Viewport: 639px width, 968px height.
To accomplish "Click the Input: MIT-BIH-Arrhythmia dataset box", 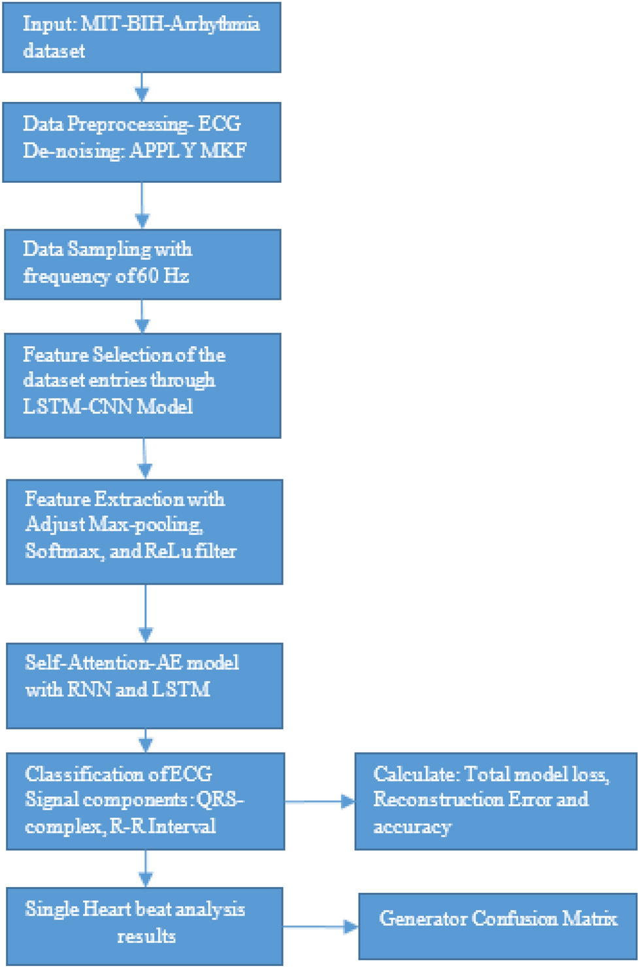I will tap(142, 37).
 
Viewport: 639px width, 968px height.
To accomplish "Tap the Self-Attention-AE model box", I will tap(144, 685).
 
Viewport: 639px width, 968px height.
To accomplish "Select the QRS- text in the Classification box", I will tap(224, 800).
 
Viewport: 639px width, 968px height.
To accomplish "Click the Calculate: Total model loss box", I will tap(495, 801).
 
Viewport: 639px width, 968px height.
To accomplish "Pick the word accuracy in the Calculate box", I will tap(412, 827).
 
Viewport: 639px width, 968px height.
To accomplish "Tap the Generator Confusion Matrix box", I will tap(498, 919).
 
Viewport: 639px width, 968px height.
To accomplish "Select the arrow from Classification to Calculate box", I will tap(319, 801).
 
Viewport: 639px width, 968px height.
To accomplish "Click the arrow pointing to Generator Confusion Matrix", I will tap(321, 926).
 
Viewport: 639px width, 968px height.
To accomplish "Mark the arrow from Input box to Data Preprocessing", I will tap(142, 87).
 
